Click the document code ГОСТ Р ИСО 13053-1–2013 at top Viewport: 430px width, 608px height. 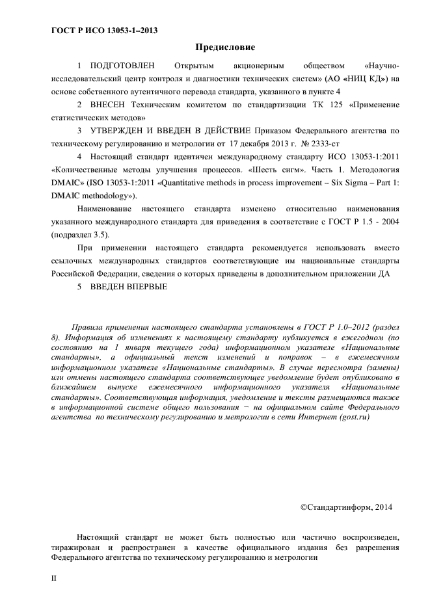tap(104, 31)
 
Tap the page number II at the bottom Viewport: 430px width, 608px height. tap(54, 577)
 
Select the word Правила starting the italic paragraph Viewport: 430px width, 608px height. tap(90, 325)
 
